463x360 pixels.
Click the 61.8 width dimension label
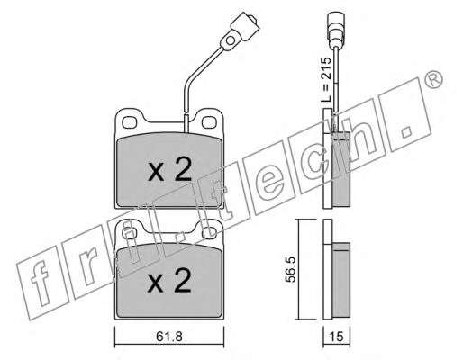[169, 337]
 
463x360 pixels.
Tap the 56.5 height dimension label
[291, 269]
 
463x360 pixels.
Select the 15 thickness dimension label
[336, 337]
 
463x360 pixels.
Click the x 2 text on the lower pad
[169, 281]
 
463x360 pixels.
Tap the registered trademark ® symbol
[434, 80]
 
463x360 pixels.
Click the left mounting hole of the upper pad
[129, 122]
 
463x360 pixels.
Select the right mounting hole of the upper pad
[209, 122]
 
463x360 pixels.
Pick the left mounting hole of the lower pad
[130, 232]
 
